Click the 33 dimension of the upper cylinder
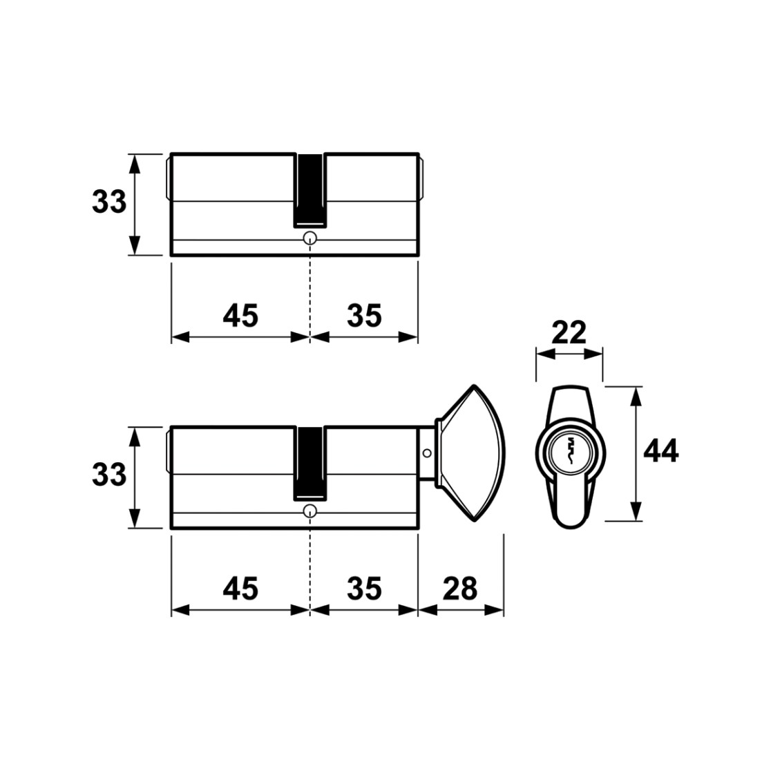pos(108,202)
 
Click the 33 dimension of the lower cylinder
pos(108,475)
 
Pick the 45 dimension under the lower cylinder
pos(240,588)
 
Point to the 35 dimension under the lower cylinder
pos(364,588)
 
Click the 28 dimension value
pos(459,588)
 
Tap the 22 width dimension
pos(569,332)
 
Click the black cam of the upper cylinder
pos(310,191)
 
